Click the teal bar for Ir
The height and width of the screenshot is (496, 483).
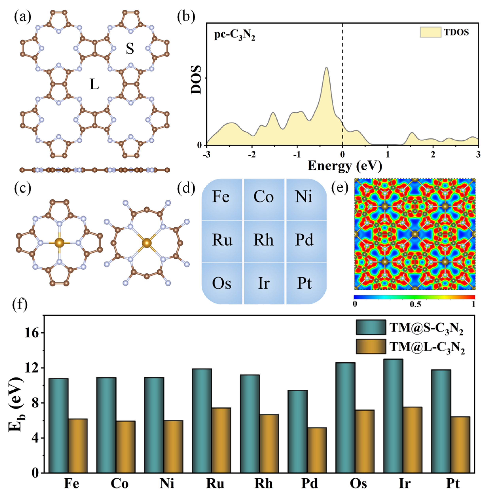tap(393, 416)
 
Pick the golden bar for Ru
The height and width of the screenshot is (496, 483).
tap(221, 440)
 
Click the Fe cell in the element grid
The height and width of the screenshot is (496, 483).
tap(221, 197)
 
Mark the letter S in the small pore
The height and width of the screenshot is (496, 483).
tap(130, 49)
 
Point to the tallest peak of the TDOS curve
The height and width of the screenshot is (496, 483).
tap(326, 68)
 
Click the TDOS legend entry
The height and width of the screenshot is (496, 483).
tap(444, 32)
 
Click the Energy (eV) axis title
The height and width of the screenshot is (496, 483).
tap(345, 166)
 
